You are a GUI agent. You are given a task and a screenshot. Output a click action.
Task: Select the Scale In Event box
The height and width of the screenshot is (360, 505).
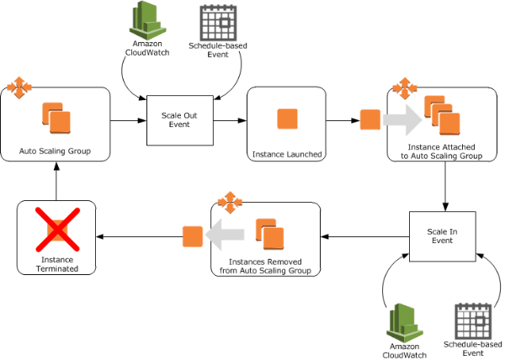tap(442, 236)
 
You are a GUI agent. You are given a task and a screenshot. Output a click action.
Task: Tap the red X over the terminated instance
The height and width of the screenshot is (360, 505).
tap(57, 230)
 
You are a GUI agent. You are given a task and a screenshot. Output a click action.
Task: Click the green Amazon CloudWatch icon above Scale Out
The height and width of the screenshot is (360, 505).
tap(147, 20)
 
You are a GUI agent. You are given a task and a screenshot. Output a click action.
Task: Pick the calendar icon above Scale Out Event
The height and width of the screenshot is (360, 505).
tap(218, 24)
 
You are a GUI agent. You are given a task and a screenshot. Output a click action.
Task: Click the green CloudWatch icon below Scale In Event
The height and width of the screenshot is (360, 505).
tap(405, 323)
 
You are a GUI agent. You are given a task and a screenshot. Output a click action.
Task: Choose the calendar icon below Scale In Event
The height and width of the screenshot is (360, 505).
tap(473, 321)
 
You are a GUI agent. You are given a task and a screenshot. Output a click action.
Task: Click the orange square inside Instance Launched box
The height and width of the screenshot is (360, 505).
tap(287, 119)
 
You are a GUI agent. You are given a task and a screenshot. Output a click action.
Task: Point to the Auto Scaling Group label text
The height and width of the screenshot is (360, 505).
tap(55, 151)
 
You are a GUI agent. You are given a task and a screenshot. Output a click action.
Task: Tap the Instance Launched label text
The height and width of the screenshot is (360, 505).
tap(287, 155)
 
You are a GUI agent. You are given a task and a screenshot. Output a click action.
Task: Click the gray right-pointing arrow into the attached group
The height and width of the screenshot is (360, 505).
tap(402, 120)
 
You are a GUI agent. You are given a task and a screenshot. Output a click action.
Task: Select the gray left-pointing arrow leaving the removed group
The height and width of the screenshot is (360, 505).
tap(225, 235)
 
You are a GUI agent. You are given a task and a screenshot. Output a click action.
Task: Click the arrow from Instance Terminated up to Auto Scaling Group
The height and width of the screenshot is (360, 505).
tap(56, 181)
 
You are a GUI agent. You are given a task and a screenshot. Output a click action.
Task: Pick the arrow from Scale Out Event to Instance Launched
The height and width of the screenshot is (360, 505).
tap(230, 120)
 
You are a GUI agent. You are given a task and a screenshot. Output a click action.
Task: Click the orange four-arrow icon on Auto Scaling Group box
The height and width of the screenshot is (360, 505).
tap(19, 87)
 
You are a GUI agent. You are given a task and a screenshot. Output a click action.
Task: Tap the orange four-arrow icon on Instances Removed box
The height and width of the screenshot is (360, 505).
tap(230, 203)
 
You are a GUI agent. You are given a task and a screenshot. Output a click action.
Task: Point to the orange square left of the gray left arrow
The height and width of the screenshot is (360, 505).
tap(193, 236)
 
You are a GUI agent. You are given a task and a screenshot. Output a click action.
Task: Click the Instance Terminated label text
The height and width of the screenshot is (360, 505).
tap(57, 264)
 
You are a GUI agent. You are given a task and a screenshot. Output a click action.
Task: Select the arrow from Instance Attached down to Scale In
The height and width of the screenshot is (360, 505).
tap(445, 186)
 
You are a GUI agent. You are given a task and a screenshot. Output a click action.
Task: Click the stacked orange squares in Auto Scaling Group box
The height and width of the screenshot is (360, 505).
tap(56, 118)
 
